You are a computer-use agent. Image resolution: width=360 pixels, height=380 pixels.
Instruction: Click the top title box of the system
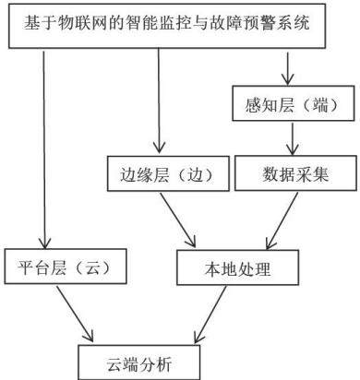click(x=167, y=26)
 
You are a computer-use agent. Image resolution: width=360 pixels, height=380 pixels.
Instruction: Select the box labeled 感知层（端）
click(x=294, y=103)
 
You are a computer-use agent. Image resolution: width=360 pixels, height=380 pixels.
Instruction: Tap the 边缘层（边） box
click(x=168, y=173)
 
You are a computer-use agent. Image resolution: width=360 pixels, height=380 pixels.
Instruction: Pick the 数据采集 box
click(x=295, y=173)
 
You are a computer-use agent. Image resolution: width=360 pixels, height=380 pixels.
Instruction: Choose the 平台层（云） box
click(x=66, y=267)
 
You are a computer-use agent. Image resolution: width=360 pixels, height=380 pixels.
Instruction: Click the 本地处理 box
click(x=237, y=267)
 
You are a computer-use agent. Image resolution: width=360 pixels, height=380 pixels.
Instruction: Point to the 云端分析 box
click(x=138, y=362)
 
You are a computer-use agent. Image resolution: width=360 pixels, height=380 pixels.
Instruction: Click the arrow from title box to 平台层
click(x=44, y=150)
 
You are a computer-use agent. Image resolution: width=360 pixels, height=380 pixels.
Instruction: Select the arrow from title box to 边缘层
click(x=159, y=101)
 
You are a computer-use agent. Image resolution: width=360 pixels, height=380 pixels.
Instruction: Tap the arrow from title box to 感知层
click(x=287, y=68)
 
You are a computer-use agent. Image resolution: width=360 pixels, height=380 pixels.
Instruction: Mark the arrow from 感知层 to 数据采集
click(x=292, y=139)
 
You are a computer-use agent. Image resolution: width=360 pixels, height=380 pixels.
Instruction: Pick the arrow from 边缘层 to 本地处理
click(x=178, y=220)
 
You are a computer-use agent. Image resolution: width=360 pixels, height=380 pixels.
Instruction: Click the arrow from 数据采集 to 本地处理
click(x=282, y=220)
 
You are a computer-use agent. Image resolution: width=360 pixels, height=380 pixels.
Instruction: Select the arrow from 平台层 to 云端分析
click(x=75, y=314)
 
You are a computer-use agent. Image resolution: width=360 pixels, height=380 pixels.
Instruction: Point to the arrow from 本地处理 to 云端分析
click(x=210, y=315)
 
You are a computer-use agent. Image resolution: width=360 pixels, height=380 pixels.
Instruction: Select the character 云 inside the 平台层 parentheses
click(x=93, y=267)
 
